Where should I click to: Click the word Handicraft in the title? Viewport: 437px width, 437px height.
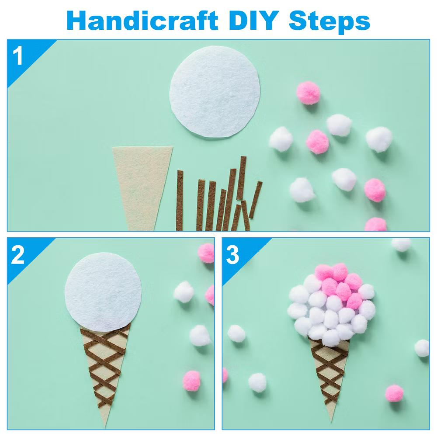click(x=142, y=21)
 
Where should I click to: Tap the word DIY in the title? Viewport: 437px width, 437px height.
click(x=253, y=21)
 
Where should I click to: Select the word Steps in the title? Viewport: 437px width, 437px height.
click(x=329, y=22)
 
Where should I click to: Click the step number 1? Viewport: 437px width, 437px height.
click(x=18, y=56)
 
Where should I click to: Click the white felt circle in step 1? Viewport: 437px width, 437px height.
click(x=215, y=92)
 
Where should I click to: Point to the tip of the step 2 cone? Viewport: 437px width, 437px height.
click(x=104, y=427)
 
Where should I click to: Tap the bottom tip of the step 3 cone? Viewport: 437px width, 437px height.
click(x=332, y=421)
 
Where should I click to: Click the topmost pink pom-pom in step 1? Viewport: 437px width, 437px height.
click(x=309, y=93)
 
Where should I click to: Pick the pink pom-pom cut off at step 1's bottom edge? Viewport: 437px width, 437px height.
click(x=376, y=225)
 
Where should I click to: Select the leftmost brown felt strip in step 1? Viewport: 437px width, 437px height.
click(x=180, y=201)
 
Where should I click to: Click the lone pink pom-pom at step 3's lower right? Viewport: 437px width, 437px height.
click(x=394, y=393)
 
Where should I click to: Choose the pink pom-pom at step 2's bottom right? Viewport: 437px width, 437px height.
click(x=191, y=381)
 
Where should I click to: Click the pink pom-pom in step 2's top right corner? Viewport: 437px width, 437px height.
click(x=206, y=253)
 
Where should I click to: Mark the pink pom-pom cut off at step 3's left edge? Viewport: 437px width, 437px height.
click(x=225, y=375)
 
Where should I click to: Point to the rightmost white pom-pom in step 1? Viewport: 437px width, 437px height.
click(x=379, y=139)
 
